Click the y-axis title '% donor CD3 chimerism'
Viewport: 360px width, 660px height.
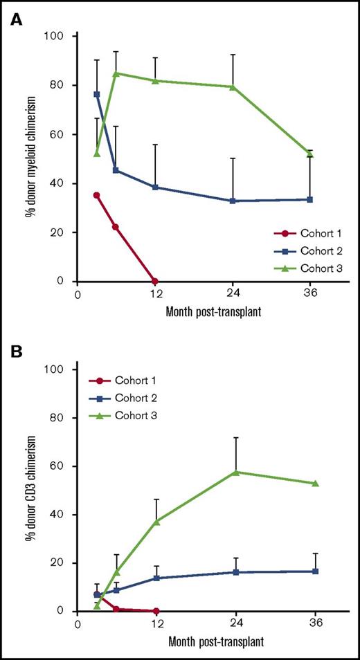[x=31, y=490]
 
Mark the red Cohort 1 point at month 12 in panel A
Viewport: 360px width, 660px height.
[x=155, y=282]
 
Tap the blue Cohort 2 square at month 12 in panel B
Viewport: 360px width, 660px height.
[x=156, y=578]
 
